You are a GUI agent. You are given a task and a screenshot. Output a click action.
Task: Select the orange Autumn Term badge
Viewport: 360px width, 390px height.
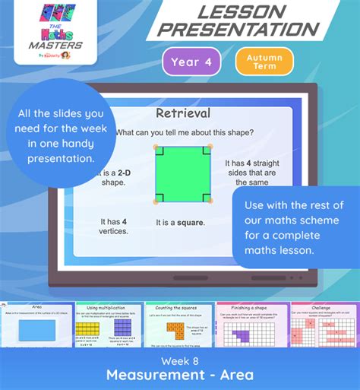click(264, 62)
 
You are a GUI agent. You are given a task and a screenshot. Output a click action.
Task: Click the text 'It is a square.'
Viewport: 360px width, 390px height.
click(182, 223)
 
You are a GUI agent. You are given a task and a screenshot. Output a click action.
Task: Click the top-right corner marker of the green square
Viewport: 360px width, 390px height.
click(207, 149)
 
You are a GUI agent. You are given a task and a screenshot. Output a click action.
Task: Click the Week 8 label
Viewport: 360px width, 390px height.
click(180, 358)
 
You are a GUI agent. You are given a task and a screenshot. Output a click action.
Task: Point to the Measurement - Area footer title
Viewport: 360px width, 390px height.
click(180, 375)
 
